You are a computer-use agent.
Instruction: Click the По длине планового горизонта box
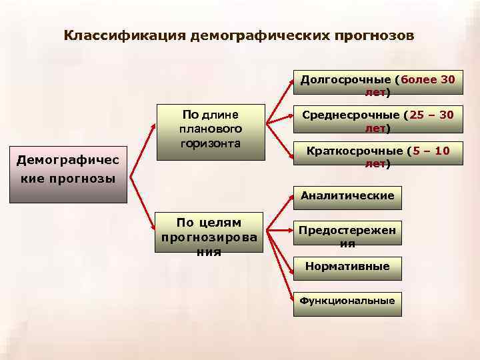(211, 131)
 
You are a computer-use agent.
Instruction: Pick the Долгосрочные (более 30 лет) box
(377, 85)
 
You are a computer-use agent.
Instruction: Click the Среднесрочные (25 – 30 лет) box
(377, 121)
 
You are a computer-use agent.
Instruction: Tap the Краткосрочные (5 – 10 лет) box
(377, 157)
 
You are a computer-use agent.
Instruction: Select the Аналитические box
(347, 196)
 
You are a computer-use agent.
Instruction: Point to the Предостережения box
(347, 236)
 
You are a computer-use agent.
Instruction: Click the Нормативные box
(347, 267)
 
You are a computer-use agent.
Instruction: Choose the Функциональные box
(347, 301)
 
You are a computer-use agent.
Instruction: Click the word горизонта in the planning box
(211, 143)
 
